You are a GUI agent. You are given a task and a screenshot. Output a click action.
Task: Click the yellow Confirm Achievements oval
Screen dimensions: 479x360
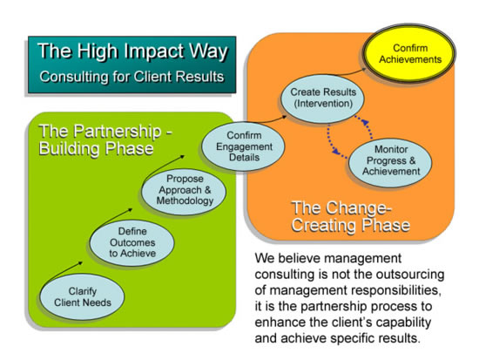(x=408, y=53)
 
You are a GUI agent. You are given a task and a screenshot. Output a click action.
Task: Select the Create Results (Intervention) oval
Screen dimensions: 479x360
(x=322, y=98)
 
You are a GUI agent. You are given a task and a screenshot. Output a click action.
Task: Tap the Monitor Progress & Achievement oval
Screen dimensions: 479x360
(x=390, y=162)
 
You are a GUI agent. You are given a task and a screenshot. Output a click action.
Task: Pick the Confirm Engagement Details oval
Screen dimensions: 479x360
(x=244, y=146)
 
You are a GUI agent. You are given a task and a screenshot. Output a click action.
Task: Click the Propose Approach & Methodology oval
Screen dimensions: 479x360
(x=184, y=191)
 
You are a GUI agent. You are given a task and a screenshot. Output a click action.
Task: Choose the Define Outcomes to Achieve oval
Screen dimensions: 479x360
(x=132, y=242)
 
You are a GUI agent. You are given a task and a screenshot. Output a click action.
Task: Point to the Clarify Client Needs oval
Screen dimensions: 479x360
(x=82, y=296)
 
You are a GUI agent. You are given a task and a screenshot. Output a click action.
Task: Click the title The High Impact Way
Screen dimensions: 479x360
(x=132, y=51)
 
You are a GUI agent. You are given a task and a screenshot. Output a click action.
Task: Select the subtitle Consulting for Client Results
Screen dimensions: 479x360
(x=132, y=77)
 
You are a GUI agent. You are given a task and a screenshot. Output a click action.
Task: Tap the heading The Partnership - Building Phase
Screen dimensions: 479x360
(x=105, y=139)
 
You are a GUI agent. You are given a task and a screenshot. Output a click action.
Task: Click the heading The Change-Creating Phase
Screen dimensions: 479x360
(x=350, y=216)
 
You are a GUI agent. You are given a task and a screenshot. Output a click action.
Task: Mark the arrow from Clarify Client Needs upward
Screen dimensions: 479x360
(x=64, y=270)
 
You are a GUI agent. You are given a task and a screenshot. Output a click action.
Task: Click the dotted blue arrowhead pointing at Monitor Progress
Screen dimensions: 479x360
(x=336, y=151)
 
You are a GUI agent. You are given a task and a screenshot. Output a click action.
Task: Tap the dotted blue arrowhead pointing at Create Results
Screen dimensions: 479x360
(x=364, y=123)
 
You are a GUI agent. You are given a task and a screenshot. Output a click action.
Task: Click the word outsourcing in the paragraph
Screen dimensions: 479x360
(x=410, y=275)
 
